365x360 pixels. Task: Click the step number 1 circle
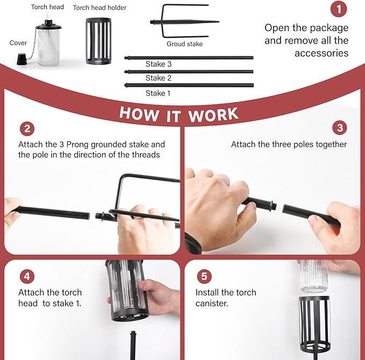click(x=339, y=9)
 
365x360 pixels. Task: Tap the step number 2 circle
click(x=27, y=129)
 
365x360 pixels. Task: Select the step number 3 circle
click(x=340, y=127)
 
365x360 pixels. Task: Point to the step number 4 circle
click(x=27, y=276)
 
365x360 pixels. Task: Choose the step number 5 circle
click(x=204, y=276)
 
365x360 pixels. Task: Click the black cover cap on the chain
click(x=23, y=59)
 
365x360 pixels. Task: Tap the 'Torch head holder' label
click(x=99, y=8)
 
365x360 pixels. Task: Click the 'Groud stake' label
click(x=184, y=44)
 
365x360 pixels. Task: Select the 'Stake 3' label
click(x=159, y=64)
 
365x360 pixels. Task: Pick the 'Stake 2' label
click(x=159, y=78)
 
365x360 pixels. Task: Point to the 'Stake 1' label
click(x=158, y=93)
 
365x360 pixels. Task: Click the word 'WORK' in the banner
click(x=213, y=115)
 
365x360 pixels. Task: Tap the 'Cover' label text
click(x=18, y=43)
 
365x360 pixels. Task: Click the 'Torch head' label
click(x=47, y=7)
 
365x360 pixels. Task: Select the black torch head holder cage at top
click(x=98, y=41)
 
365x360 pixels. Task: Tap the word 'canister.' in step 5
click(x=212, y=303)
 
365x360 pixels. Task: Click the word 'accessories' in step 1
click(x=321, y=53)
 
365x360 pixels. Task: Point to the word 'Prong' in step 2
click(x=77, y=145)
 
